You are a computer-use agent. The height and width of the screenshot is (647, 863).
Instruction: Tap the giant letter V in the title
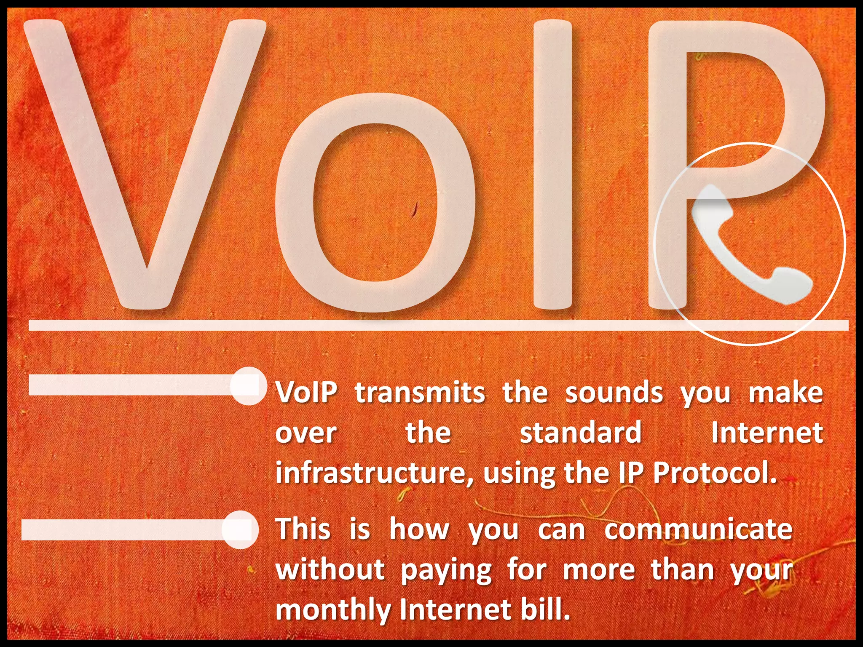tap(145, 168)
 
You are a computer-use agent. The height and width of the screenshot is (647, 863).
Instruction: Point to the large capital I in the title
tap(552, 164)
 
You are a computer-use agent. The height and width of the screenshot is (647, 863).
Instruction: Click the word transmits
tap(420, 393)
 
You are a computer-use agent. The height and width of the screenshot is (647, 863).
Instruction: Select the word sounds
tap(614, 393)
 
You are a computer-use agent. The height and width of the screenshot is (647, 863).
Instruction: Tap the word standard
tap(580, 433)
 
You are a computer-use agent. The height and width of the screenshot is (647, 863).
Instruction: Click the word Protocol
tap(715, 473)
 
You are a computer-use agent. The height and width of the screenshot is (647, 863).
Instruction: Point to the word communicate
tap(698, 529)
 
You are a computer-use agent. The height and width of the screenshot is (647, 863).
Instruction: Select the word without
tap(330, 569)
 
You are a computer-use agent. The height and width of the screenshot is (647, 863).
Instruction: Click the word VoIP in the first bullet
tap(307, 393)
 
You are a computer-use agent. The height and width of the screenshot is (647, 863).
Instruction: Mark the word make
tap(785, 393)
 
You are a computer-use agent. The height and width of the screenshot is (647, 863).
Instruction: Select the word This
tap(303, 529)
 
